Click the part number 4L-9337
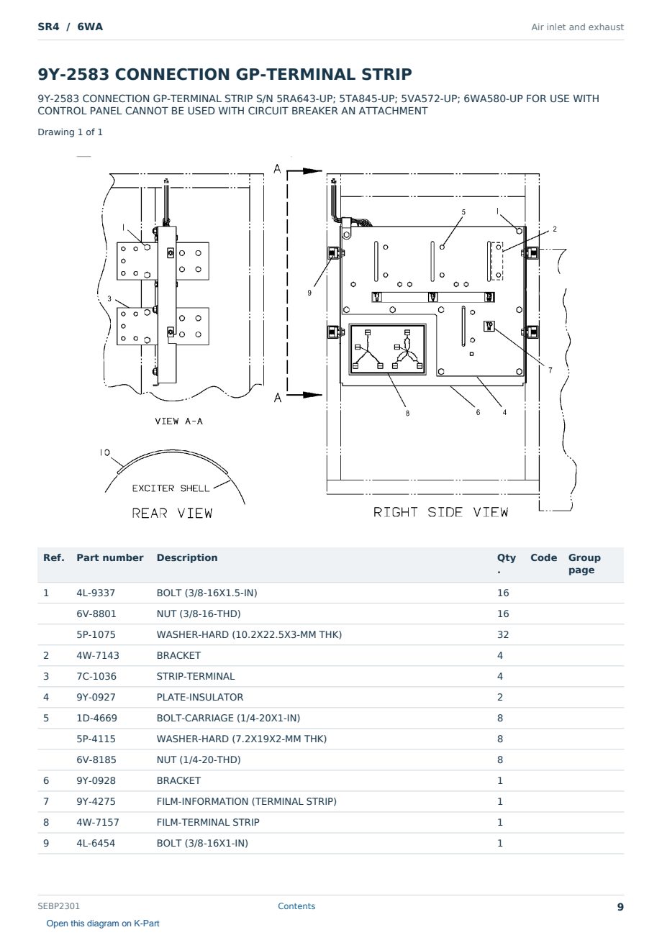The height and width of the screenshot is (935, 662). pyautogui.click(x=96, y=593)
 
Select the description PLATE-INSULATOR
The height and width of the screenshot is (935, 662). pyautogui.click(x=199, y=697)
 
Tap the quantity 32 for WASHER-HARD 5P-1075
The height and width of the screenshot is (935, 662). pyautogui.click(x=503, y=634)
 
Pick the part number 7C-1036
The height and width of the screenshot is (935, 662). pyautogui.click(x=96, y=676)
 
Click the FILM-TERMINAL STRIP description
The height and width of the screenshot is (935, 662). pyautogui.click(x=208, y=822)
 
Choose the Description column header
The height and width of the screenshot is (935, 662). pyautogui.click(x=187, y=557)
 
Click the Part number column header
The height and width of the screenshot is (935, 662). pyautogui.click(x=110, y=557)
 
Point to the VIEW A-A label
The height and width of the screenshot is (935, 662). pyautogui.click(x=178, y=421)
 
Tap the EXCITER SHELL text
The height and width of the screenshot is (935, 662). pyautogui.click(x=171, y=488)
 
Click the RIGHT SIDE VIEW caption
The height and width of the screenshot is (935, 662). pyautogui.click(x=440, y=512)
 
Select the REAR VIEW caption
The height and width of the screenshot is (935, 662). pyautogui.click(x=172, y=513)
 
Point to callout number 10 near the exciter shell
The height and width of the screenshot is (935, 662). pyautogui.click(x=105, y=452)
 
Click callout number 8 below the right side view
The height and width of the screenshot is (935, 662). pyautogui.click(x=407, y=414)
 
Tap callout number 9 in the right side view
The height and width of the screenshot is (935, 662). pyautogui.click(x=309, y=293)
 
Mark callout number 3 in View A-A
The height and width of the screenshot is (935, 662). pyautogui.click(x=109, y=299)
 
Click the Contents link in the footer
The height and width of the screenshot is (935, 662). pyautogui.click(x=296, y=906)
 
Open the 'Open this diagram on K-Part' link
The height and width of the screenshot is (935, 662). pyautogui.click(x=103, y=923)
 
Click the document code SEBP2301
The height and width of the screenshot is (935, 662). pyautogui.click(x=58, y=906)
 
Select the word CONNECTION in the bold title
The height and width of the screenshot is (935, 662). pyautogui.click(x=173, y=74)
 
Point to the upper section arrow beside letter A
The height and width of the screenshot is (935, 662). pyautogui.click(x=304, y=171)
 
